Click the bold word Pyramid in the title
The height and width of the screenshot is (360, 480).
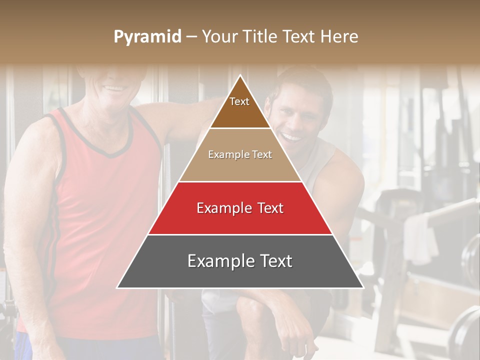[147, 36]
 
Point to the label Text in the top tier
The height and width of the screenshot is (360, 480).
[239, 101]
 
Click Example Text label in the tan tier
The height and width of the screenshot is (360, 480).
[240, 154]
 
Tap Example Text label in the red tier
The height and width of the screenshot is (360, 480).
[240, 208]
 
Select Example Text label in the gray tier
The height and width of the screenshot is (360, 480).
[240, 261]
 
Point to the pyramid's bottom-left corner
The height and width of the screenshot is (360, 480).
[117, 287]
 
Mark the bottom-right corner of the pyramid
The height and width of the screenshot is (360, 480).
[363, 287]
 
